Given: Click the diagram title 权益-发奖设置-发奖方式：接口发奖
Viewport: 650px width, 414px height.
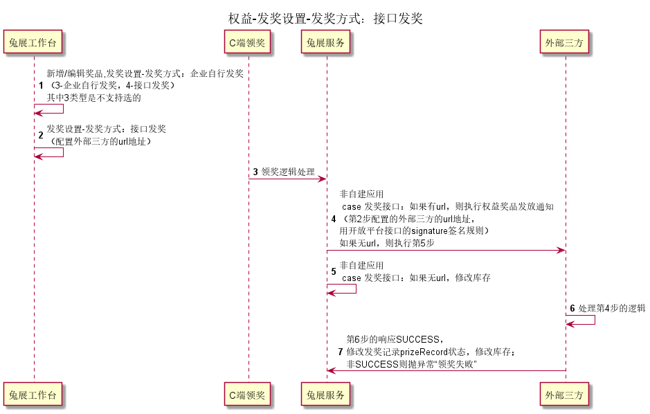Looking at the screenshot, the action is point(325,18).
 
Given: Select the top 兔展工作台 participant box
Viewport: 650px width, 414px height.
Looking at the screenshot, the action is point(33,42).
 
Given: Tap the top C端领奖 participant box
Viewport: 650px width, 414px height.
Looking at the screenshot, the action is point(247,42).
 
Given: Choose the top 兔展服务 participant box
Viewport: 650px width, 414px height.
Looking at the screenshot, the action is point(325,42).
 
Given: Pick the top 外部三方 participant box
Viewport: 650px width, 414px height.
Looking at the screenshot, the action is point(564,42).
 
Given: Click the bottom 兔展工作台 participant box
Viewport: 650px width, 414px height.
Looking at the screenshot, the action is point(33,395).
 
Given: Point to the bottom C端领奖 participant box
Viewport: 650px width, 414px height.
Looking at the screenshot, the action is point(247,395).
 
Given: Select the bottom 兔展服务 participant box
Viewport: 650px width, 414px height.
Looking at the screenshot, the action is point(325,395).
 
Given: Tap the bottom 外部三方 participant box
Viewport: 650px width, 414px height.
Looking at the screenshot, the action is point(564,395).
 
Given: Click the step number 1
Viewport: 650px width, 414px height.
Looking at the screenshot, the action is point(41,85).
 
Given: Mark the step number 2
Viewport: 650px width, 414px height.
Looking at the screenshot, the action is point(41,135).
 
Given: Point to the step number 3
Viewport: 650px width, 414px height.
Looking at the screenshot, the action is point(255,172).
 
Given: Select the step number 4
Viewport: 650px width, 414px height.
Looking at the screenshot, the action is point(334,219).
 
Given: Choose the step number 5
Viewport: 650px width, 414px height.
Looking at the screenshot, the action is point(334,271).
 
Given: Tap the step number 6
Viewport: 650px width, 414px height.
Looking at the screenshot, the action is point(572,308).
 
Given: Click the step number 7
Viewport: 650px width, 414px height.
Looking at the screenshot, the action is point(341,352).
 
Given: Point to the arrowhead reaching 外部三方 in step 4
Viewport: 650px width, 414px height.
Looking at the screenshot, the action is point(561,251).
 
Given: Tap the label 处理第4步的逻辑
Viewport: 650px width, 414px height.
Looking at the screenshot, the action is point(612,308).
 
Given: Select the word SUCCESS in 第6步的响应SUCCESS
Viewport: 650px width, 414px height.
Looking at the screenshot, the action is point(418,339).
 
